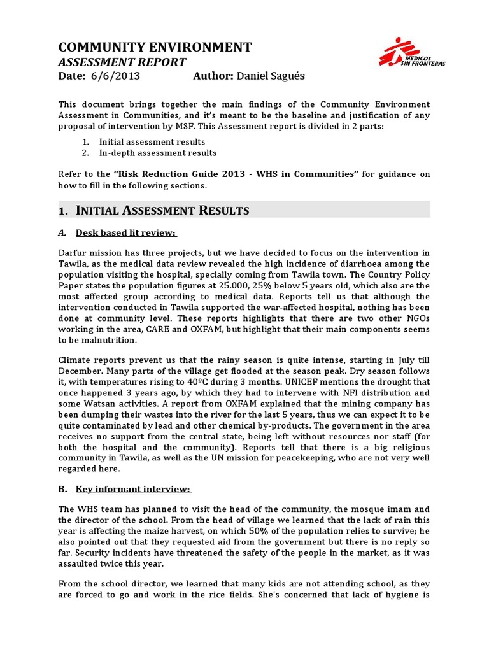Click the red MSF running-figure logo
pyautogui.click(x=393, y=51)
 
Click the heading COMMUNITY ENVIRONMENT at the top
pyautogui.click(x=155, y=47)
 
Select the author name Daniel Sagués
pyautogui.click(x=271, y=76)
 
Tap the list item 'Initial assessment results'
pyautogui.click(x=152, y=141)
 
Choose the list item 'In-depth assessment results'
pyautogui.click(x=157, y=153)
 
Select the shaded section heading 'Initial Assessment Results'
pyautogui.click(x=162, y=211)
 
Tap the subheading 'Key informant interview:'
pyautogui.click(x=134, y=489)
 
